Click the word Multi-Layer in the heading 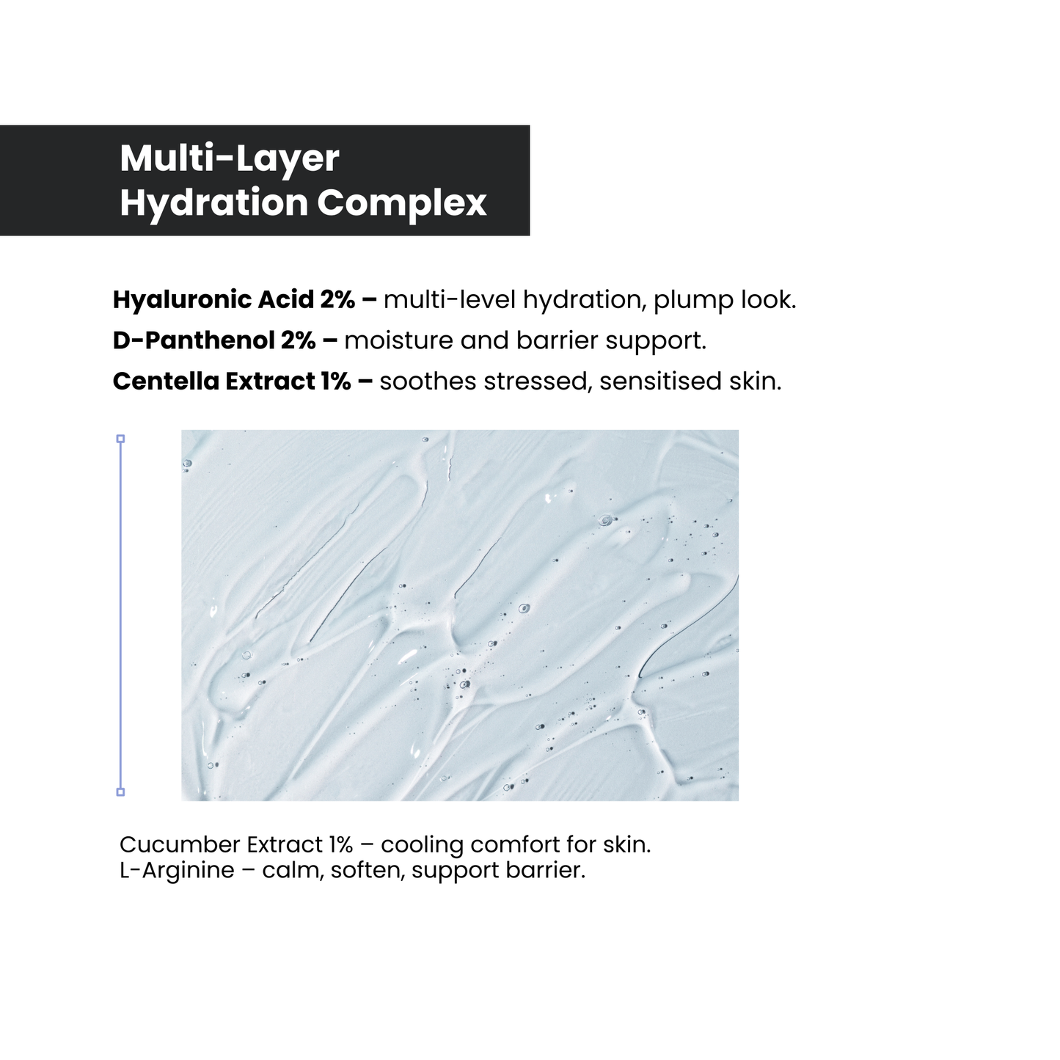click(x=229, y=158)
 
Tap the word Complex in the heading click(x=402, y=202)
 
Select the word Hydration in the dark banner click(x=213, y=202)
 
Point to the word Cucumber click(x=180, y=844)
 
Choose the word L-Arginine click(x=177, y=871)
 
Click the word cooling click(x=422, y=845)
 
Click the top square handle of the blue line click(x=120, y=439)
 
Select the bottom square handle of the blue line click(x=120, y=792)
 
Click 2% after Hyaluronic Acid click(x=337, y=299)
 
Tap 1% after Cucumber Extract click(x=341, y=844)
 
